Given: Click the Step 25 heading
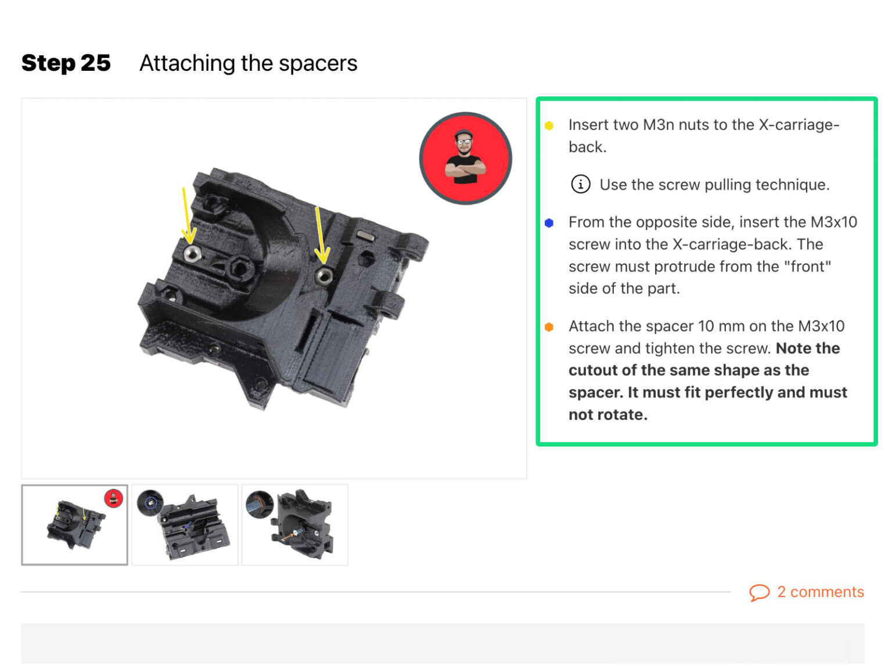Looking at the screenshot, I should pos(66,63).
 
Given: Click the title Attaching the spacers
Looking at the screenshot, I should pos(248,63).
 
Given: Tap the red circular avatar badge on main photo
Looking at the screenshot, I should pos(465,158).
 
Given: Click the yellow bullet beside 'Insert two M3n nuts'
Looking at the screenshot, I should pos(549,125).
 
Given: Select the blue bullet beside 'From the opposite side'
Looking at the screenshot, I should pos(549,223).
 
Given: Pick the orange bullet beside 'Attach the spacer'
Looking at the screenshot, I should pos(549,327).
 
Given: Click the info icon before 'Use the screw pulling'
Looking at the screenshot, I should pos(580,184).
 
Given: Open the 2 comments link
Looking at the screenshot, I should pos(820,592).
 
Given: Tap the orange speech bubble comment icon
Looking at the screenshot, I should pos(758,592).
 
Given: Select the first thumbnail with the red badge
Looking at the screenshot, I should pos(74,524).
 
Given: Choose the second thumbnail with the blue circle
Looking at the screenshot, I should pos(185,524).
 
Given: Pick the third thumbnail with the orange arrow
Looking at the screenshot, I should pos(294,524).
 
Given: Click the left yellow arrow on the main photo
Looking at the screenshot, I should pos(186,215).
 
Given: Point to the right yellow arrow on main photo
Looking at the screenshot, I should pos(319,235).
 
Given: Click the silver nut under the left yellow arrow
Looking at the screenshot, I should pos(192,253).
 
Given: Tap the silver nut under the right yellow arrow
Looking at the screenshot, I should pos(324,275).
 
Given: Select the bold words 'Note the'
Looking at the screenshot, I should pos(808,348).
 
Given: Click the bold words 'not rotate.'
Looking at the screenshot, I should pos(607,415).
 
